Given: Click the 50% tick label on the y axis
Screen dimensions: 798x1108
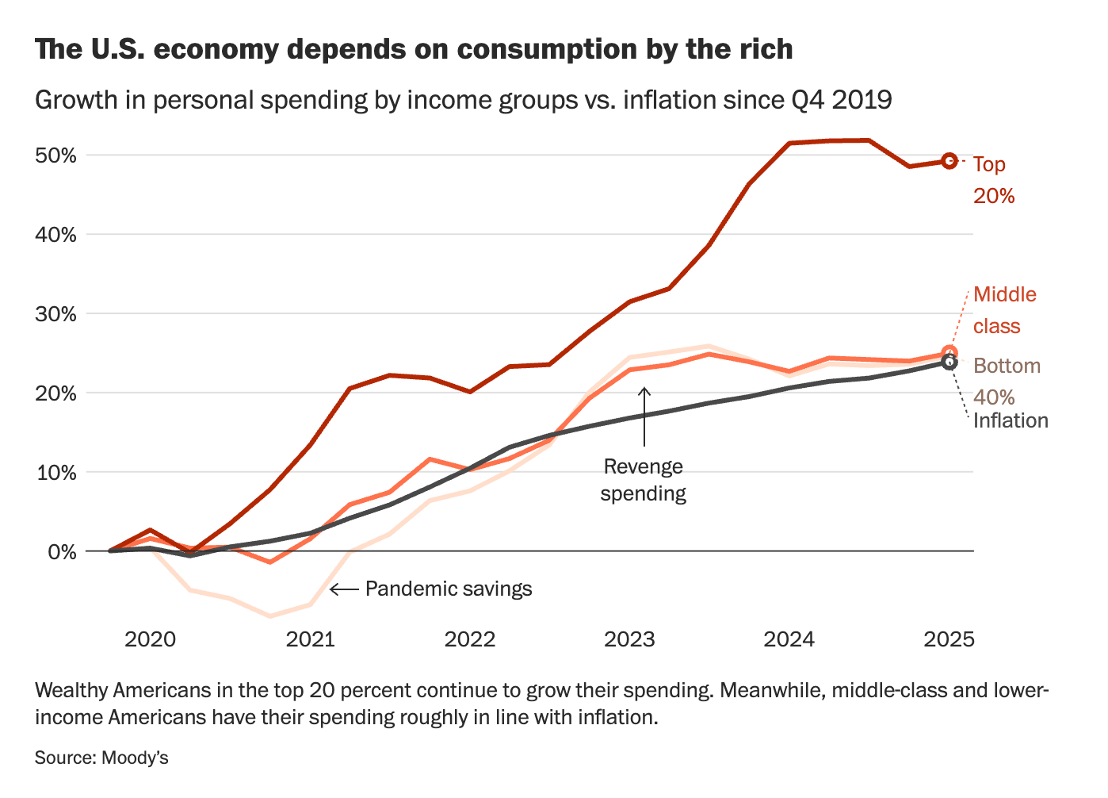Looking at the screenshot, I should point(55,155).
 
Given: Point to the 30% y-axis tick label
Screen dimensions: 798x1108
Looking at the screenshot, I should point(55,314).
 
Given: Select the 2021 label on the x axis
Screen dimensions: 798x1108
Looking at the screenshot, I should point(310,639).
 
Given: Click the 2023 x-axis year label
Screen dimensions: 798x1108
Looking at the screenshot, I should point(629,639).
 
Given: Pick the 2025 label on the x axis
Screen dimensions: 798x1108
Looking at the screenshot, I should point(949,639).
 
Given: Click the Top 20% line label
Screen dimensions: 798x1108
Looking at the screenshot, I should point(993,180).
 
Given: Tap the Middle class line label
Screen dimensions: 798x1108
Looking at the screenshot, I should point(1004,310).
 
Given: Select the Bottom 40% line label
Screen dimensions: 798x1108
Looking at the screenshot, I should point(1007,381).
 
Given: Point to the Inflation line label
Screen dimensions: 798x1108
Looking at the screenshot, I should point(1011,420).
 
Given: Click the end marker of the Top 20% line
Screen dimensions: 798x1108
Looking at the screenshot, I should point(949,161).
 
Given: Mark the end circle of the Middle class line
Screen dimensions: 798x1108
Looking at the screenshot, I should point(949,353).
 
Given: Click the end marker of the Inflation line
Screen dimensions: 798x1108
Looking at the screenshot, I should point(949,363).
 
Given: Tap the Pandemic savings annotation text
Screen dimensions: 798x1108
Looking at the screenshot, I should point(449,589).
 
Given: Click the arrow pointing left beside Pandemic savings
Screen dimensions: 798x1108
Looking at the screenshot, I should point(344,589).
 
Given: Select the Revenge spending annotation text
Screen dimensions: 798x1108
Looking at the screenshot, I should point(643,480).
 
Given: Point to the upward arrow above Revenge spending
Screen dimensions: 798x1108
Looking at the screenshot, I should point(644,416).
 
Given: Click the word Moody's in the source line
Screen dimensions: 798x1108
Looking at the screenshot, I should point(135,758).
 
